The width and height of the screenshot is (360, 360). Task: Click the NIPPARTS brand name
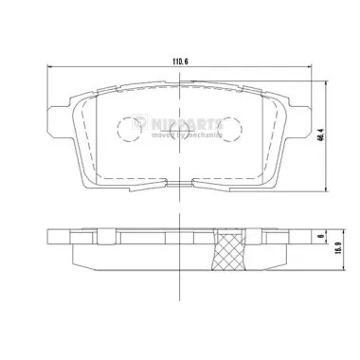tap(189, 123)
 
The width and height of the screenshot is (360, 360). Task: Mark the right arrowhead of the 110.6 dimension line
tap(310, 67)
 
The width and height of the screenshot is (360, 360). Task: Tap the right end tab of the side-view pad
tap(301, 240)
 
